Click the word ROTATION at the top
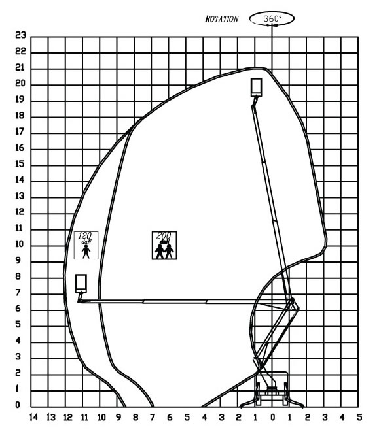pos(221,19)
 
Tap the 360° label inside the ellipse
pos(272,18)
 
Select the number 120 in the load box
pos(85,236)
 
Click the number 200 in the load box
pos(164,235)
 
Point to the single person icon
pos(86,252)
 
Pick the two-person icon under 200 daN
pos(164,252)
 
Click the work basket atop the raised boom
pos(256,87)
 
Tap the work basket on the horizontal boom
pos(81,284)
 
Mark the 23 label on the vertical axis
pos(20,35)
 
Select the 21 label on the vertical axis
pos(20,67)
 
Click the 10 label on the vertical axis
pos(20,244)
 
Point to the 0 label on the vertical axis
pos(18,405)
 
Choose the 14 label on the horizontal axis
pos(33,417)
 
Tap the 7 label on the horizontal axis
pos(153,417)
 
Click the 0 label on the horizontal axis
pos(273,417)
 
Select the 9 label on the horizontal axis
pos(118,417)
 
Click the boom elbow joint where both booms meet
pos(292,301)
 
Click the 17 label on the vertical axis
pos(20,131)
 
